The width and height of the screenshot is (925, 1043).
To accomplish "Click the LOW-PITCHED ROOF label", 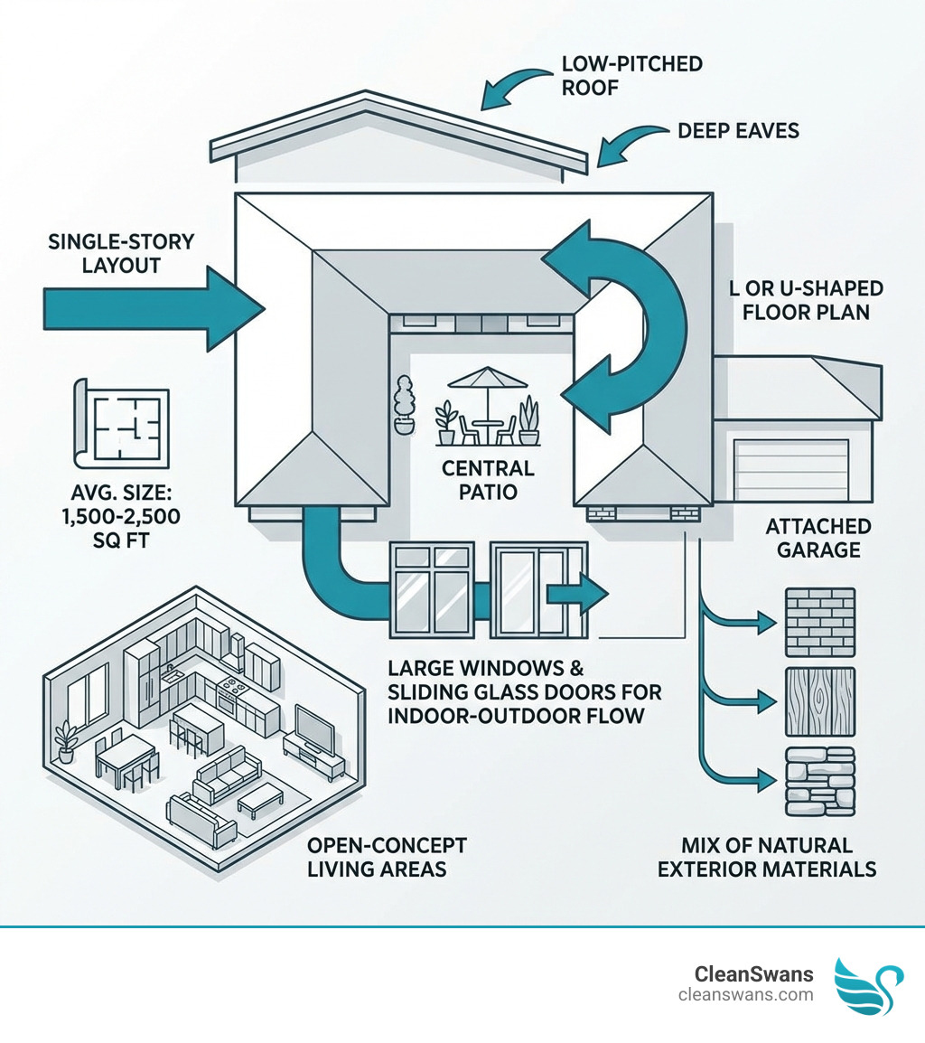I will click(631, 76).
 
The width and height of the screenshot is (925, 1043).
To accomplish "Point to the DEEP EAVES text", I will click(738, 131).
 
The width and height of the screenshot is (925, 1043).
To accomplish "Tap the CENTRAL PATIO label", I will click(488, 480).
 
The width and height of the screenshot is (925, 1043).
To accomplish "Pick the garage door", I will click(791, 470).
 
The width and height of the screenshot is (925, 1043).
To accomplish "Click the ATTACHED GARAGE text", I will click(818, 537).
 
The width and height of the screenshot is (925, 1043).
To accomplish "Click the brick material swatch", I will click(820, 622).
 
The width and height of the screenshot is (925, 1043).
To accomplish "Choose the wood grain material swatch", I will click(820, 700).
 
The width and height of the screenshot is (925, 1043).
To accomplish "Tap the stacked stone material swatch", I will click(820, 782).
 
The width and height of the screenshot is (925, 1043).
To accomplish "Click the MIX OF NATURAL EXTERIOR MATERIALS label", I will click(766, 857).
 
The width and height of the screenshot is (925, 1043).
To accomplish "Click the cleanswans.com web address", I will click(745, 995).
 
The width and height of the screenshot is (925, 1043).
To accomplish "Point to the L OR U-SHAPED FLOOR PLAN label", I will click(807, 300).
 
